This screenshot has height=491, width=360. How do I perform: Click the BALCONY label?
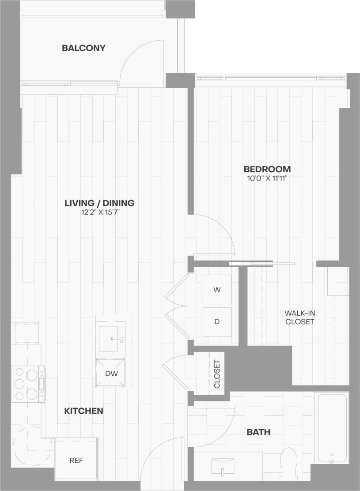tap(83, 48)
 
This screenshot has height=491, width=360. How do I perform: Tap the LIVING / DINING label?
tap(99, 203)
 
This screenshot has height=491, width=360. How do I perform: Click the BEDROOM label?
tap(267, 169)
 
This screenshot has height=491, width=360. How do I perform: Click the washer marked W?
tap(216, 290)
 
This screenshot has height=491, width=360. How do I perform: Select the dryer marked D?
tap(216, 321)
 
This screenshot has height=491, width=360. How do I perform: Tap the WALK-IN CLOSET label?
tap(299, 317)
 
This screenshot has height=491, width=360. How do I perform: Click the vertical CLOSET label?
tap(217, 374)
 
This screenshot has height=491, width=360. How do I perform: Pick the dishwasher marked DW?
tap(111, 373)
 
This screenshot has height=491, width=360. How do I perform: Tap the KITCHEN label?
tap(83, 411)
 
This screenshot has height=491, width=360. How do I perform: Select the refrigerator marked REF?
tap(76, 460)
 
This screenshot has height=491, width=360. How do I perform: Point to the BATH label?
tap(258, 432)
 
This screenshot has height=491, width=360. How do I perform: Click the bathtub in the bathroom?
tap(332, 427)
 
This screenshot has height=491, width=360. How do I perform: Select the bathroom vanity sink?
tap(223, 465)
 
